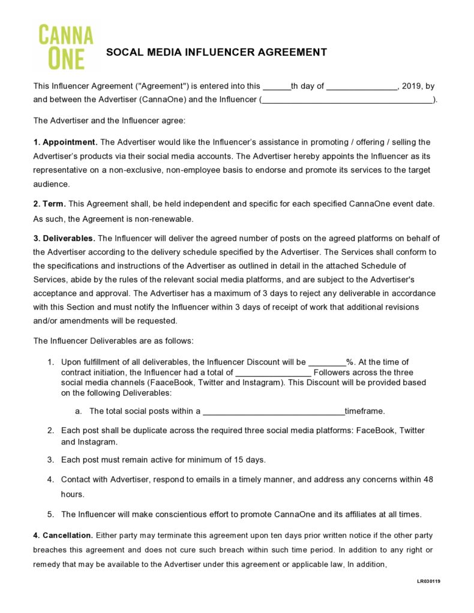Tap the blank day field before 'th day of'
[x=277, y=86]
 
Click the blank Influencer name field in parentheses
[x=347, y=100]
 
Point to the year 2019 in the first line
[x=412, y=86]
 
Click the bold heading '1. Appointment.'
[x=65, y=142]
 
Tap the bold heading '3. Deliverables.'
[x=64, y=238]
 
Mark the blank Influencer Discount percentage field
[x=327, y=362]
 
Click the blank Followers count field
[x=273, y=372]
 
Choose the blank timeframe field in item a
[x=274, y=411]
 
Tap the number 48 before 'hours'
[x=428, y=480]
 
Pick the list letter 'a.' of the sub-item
[x=79, y=411]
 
